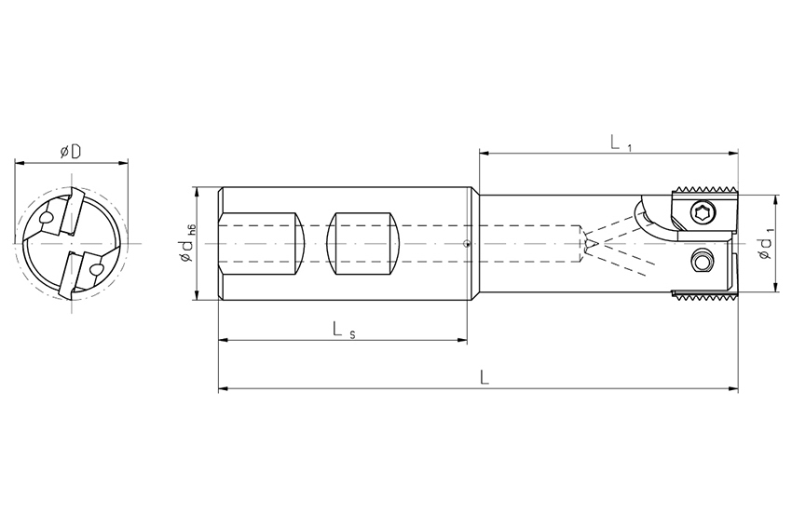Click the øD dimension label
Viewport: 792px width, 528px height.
71,151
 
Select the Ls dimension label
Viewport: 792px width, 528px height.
344,331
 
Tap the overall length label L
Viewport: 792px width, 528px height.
485,377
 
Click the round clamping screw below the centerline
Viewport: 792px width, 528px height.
701,262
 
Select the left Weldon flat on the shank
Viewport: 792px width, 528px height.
262,244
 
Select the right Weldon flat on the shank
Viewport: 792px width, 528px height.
363,244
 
